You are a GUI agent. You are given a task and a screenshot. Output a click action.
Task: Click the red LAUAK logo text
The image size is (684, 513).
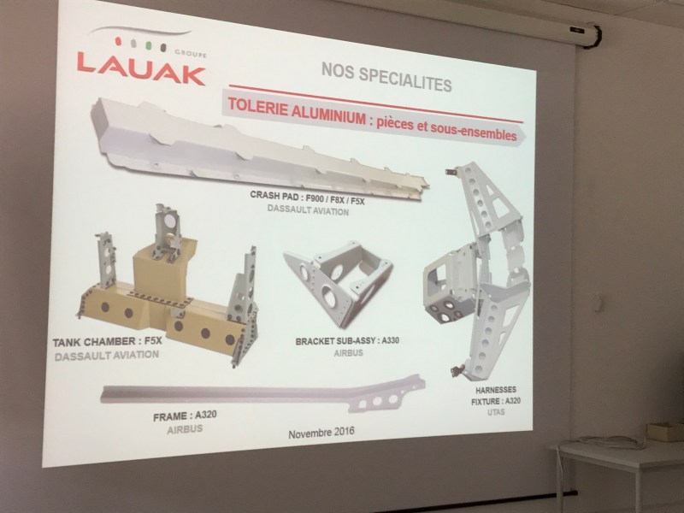[141, 68]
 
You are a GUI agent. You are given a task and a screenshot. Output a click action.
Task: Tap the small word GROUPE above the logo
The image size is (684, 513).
[191, 54]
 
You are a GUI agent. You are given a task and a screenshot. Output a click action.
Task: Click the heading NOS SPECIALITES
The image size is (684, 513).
[386, 77]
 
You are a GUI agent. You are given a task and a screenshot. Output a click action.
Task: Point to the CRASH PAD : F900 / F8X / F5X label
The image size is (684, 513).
[307, 198]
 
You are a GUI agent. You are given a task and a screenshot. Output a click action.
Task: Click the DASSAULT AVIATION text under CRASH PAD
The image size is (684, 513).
[308, 209]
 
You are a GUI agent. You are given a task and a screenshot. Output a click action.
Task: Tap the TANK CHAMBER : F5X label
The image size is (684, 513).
[108, 341]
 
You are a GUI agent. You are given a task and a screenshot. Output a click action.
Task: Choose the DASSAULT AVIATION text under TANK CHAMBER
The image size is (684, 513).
[107, 356]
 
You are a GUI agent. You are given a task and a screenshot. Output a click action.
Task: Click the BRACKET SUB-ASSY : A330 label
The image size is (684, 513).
[347, 341]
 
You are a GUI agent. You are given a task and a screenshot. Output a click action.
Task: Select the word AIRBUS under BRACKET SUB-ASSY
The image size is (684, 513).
[348, 353]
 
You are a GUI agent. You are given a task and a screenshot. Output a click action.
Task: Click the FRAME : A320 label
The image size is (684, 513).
[185, 416]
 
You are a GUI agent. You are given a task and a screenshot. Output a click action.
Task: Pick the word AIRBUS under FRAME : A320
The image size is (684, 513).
[185, 429]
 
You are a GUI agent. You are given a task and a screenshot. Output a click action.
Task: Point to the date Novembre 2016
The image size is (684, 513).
[321, 433]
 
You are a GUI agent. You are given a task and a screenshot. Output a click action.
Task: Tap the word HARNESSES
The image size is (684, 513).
[496, 390]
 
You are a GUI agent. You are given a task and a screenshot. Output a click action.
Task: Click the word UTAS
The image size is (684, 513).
[496, 412]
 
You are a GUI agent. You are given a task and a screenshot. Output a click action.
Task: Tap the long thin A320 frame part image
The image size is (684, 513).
[262, 392]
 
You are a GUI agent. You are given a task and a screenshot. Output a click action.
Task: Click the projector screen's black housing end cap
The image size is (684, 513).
[595, 36]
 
